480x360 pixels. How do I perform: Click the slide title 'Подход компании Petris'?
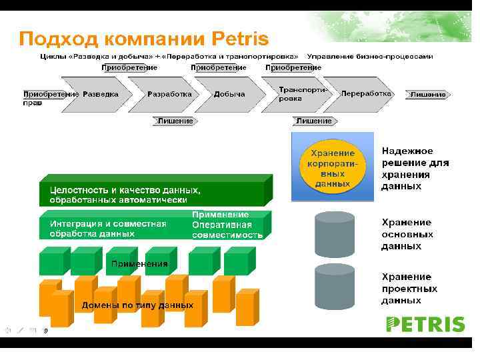point(143,37)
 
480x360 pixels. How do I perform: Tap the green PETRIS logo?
point(425,325)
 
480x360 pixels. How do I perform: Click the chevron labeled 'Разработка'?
point(169,94)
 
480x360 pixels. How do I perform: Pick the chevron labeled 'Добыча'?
point(229,94)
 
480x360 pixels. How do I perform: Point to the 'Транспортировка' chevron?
point(295,94)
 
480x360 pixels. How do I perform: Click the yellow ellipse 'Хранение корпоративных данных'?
point(333,165)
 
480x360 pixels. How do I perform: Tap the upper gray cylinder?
point(335,234)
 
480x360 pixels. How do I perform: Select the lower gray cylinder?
point(335,287)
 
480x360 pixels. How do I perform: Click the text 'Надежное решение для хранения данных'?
point(415,169)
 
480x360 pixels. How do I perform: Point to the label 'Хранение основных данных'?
point(407,234)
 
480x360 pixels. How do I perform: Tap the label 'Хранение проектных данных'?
point(409,288)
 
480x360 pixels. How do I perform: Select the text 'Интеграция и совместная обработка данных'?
point(108,229)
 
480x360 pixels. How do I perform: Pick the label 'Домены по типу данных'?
point(137,305)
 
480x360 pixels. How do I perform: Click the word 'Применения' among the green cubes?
point(139,264)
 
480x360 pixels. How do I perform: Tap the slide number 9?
point(45,330)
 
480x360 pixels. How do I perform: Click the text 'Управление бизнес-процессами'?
point(375,57)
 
